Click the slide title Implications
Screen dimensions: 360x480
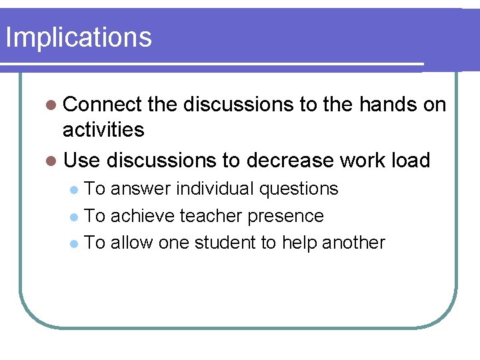[78, 37]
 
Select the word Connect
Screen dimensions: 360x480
[103, 105]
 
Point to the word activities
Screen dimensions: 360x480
[103, 129]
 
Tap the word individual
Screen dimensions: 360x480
[214, 189]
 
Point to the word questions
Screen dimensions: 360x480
[299, 190]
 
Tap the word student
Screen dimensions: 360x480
[225, 243]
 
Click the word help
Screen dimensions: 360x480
[299, 243]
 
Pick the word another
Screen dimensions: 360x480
[353, 243]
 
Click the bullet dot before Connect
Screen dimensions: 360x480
[53, 105]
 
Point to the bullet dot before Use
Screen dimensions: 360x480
[53, 161]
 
